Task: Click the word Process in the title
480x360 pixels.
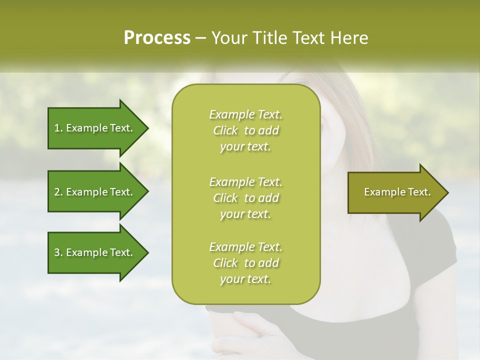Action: [x=157, y=38]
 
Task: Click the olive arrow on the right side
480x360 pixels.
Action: [x=395, y=192]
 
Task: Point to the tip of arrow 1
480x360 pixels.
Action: [x=147, y=128]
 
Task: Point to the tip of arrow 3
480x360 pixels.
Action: [x=147, y=252]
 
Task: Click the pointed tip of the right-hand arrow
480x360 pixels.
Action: [x=447, y=192]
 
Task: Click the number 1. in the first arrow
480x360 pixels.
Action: [x=58, y=128]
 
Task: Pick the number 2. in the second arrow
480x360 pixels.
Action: [x=58, y=192]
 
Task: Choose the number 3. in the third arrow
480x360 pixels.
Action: [x=58, y=252]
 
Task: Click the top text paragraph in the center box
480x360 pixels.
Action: [x=245, y=130]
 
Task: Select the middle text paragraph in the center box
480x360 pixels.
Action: [x=245, y=197]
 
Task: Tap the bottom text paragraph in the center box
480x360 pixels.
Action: [x=245, y=263]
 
